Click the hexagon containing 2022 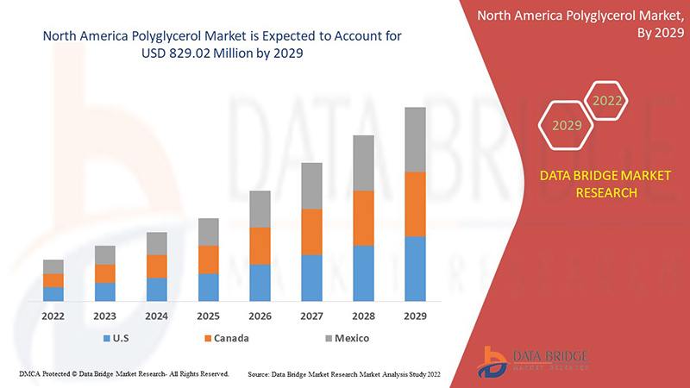point(606,101)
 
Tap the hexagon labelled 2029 point(567,125)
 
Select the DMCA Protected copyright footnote point(122,373)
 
